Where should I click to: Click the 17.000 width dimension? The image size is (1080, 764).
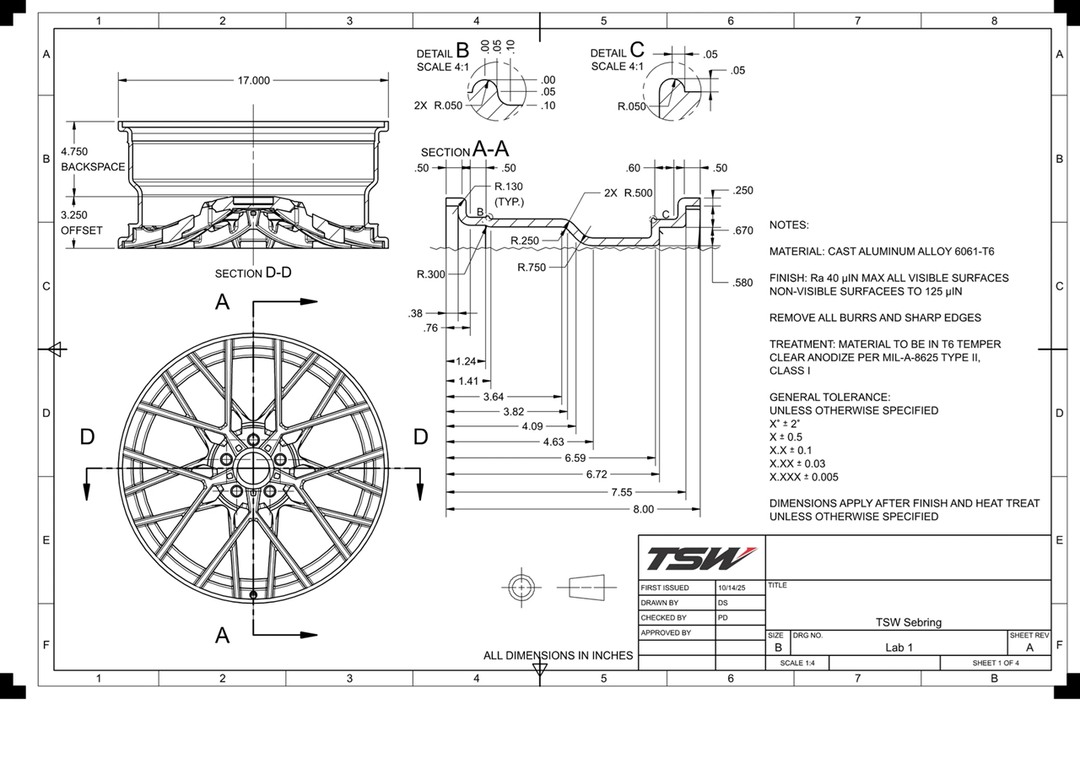[x=253, y=80]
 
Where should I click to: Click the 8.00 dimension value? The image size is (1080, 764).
[x=643, y=509]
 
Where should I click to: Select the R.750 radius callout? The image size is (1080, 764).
[x=532, y=268]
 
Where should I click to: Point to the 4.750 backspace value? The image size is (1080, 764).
[x=73, y=151]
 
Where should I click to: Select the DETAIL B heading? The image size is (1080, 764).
[x=445, y=52]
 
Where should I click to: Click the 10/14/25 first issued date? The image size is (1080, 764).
[x=731, y=588]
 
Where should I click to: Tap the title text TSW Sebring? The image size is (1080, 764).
[x=908, y=622]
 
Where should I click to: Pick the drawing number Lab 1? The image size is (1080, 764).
[x=899, y=648]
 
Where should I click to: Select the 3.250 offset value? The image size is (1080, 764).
[x=73, y=215]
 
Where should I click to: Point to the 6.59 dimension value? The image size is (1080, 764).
[x=575, y=458]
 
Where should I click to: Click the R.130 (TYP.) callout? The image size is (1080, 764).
[x=509, y=194]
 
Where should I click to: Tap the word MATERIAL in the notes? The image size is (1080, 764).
[x=796, y=252]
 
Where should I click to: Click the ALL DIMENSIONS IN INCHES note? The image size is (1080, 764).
[x=558, y=655]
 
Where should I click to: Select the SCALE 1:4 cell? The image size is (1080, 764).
[x=797, y=663]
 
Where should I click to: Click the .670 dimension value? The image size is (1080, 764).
[x=743, y=230]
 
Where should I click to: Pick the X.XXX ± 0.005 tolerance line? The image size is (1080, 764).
[x=803, y=477]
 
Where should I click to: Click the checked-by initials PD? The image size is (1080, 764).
[x=723, y=617]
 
